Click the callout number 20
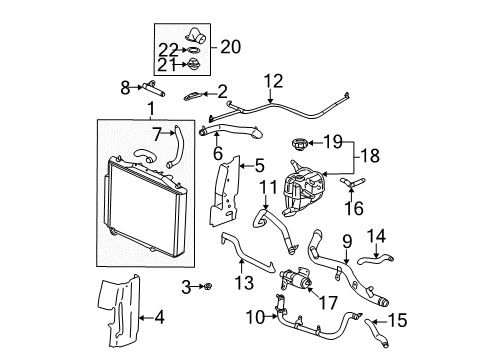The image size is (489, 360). click(x=230, y=45)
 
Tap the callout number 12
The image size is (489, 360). click(x=273, y=81)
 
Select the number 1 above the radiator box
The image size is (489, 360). click(x=151, y=108)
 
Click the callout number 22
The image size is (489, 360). click(x=169, y=50)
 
